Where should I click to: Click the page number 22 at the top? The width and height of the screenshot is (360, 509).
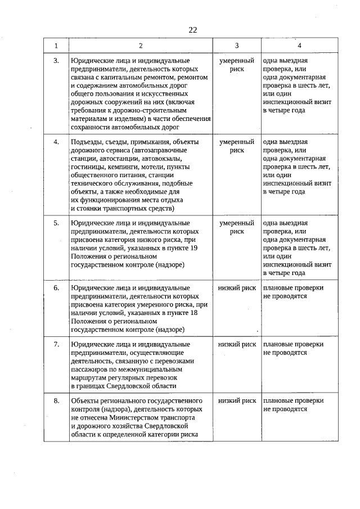192,30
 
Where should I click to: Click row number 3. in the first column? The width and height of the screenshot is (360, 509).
56,60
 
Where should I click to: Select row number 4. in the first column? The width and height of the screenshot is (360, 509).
56,142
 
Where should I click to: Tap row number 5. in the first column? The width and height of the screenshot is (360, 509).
56,223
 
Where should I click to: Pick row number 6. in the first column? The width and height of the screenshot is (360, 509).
56,288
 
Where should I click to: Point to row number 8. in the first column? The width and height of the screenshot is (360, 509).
56,400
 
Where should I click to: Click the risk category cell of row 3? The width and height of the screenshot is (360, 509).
237,65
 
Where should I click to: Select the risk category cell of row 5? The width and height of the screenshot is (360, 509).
237,227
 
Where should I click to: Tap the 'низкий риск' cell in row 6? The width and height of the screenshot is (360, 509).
237,288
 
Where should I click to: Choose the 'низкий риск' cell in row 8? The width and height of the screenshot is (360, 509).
237,400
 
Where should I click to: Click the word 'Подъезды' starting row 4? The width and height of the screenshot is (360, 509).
87,142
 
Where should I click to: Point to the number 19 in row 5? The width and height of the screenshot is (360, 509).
192,247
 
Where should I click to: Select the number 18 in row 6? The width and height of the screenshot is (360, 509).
192,313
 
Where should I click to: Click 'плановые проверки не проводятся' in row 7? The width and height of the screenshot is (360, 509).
293,348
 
